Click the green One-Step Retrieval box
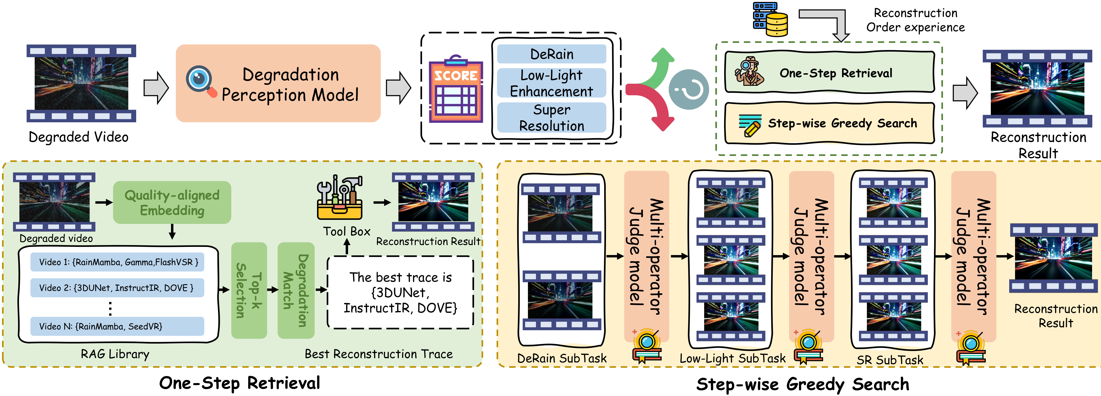tap(829, 72)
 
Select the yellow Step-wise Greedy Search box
tap(829, 123)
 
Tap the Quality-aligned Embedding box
tap(172, 202)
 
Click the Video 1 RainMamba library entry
tap(117, 262)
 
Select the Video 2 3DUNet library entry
tap(117, 288)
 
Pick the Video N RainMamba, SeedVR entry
tap(117, 326)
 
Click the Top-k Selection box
tap(249, 290)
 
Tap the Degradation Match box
tap(296, 290)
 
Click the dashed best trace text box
tap(400, 292)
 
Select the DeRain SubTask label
tap(562, 358)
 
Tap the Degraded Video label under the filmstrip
tap(79, 137)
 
